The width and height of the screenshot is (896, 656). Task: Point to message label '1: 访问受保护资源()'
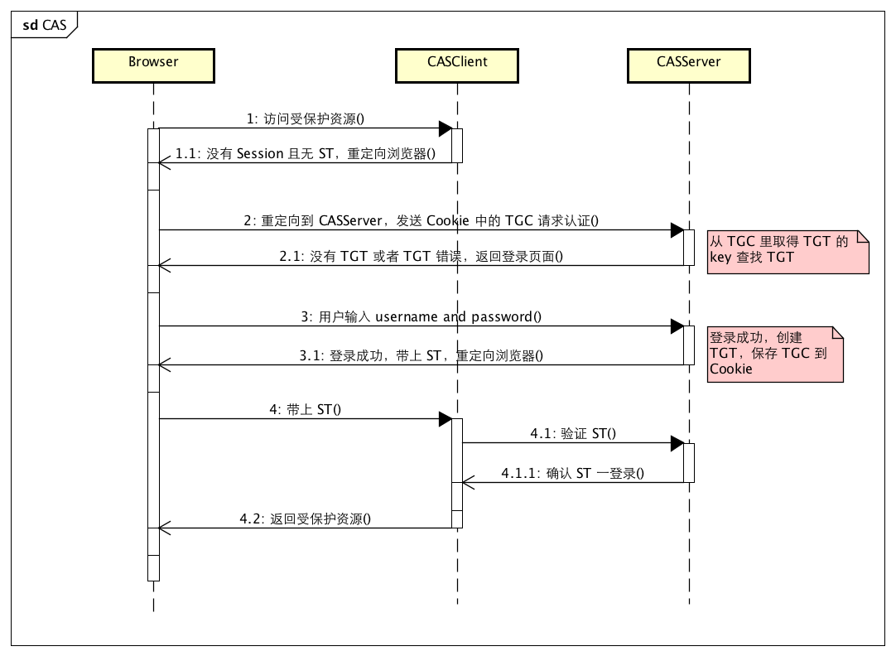click(x=306, y=119)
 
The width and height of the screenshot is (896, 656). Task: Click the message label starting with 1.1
click(x=306, y=154)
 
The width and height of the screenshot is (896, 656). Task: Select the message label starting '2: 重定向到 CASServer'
click(x=421, y=221)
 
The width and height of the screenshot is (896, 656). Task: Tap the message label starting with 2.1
click(x=421, y=257)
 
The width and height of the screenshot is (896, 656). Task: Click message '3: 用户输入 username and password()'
click(x=421, y=317)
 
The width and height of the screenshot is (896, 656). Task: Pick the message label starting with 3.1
click(x=421, y=356)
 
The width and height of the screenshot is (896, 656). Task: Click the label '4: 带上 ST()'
click(x=306, y=410)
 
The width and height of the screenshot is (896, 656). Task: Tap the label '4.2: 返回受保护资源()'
click(x=306, y=519)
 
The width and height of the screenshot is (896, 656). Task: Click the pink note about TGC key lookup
click(x=788, y=250)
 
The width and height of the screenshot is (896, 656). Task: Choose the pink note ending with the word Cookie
click(x=775, y=354)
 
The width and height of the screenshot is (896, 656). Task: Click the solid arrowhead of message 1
click(x=445, y=128)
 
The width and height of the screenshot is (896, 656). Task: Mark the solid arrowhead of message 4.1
click(x=677, y=442)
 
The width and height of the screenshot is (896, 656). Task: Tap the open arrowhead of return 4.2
click(x=164, y=528)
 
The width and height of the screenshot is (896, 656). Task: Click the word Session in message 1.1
click(x=261, y=154)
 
